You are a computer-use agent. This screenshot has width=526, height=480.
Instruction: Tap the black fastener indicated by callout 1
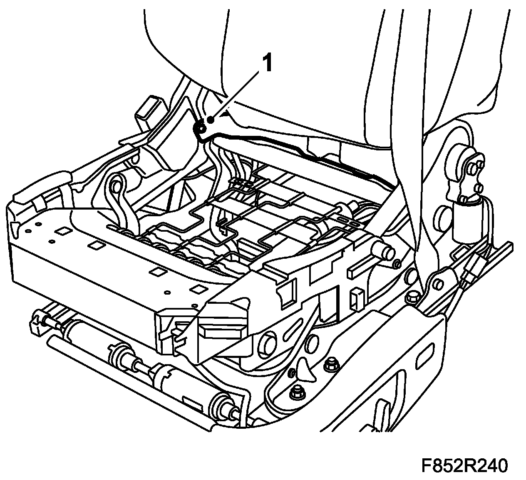click(x=201, y=129)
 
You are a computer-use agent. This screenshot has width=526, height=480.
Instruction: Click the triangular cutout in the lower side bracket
click(x=305, y=370)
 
